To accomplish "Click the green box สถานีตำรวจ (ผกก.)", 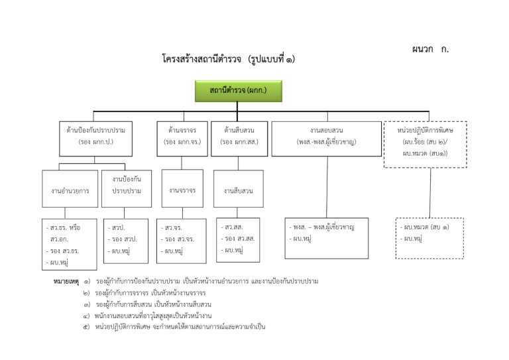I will coord(238,91).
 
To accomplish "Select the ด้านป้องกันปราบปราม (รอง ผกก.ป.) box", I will coord(95,137).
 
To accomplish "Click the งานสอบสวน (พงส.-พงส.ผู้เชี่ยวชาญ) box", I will coord(327,137).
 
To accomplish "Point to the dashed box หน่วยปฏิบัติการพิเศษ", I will coord(425,143).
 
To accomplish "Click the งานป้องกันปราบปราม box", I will coord(126,185).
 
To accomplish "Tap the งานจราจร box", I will coord(182,190).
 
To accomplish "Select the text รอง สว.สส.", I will coord(239,238).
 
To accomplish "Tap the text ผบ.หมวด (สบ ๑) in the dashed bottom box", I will coord(427,227).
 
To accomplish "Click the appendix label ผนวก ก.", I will coord(431,49).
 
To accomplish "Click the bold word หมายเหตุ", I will coord(66,282).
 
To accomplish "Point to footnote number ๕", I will coord(86,327).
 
